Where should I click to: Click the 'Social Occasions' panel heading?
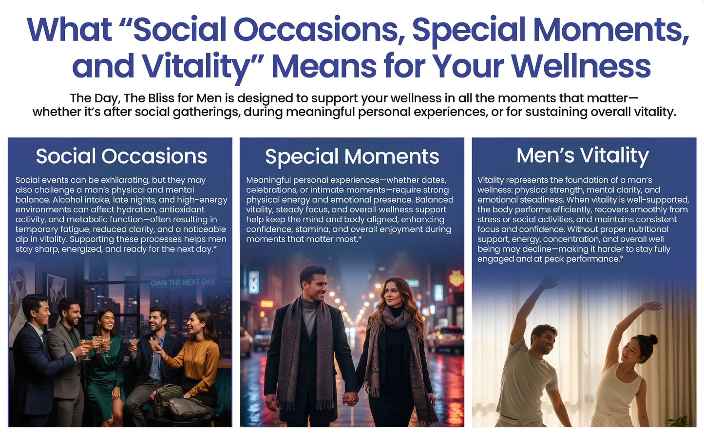click(x=121, y=156)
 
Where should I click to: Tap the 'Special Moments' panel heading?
click(x=352, y=156)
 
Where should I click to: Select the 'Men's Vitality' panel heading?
click(x=583, y=155)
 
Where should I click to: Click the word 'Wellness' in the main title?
click(x=581, y=66)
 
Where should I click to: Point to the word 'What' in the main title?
click(x=69, y=29)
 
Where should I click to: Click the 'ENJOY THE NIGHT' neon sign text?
click(x=181, y=271)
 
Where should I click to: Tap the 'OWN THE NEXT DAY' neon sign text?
click(x=183, y=282)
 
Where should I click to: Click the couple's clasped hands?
click(x=350, y=398)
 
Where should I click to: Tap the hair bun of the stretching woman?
click(x=653, y=340)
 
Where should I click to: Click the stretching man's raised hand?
click(x=550, y=281)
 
